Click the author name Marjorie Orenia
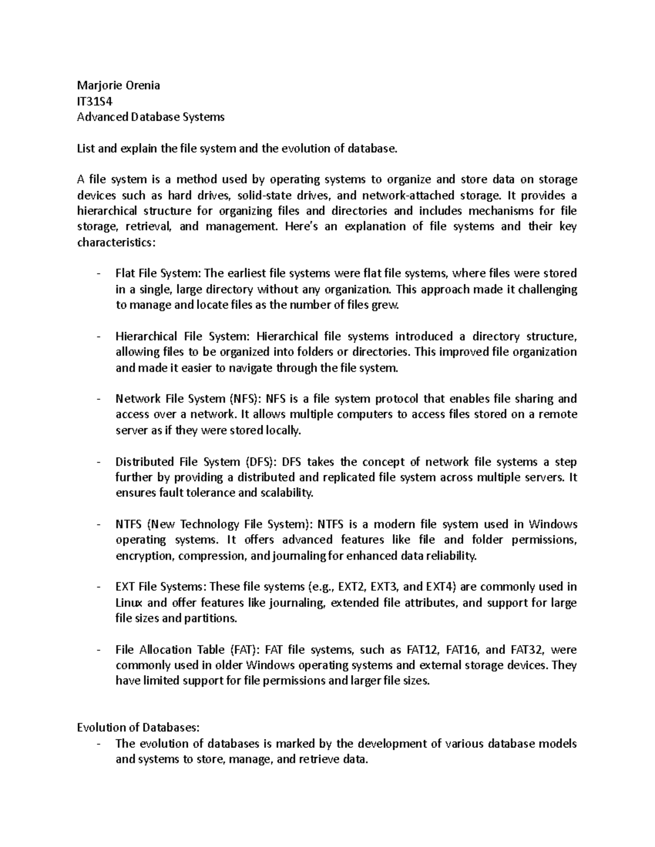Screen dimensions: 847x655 pos(118,85)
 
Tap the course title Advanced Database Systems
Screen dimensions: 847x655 pos(151,117)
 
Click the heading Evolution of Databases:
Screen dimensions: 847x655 pos(139,728)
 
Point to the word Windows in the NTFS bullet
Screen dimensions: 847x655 pos(552,525)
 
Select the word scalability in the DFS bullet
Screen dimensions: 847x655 pos(286,494)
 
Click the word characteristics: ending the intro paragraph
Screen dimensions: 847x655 pos(116,242)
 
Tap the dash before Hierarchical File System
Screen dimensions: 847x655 pos(98,337)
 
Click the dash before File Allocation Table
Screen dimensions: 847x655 pos(98,650)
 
